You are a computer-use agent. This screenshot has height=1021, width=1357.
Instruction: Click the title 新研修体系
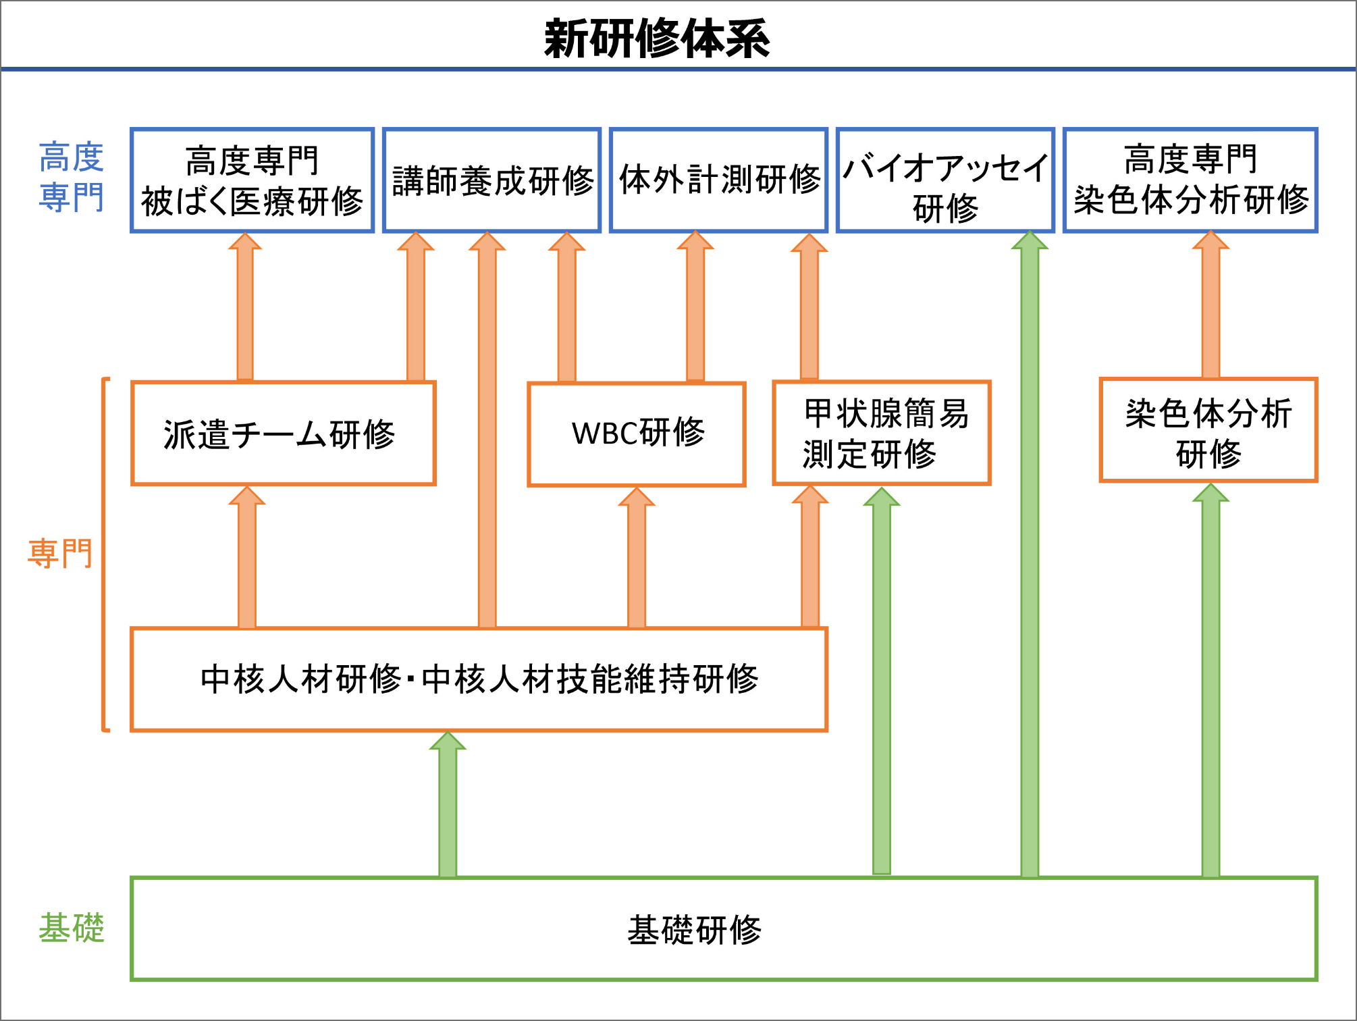click(x=656, y=38)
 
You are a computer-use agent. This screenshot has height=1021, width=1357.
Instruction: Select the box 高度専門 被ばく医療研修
click(x=252, y=180)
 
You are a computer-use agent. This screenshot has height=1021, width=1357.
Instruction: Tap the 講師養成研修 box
click(x=491, y=180)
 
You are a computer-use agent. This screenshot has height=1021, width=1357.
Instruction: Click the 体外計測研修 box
click(x=718, y=180)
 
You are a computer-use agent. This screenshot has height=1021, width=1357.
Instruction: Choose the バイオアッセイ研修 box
click(x=945, y=180)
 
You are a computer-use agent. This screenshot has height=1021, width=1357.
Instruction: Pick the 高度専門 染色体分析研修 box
click(x=1190, y=180)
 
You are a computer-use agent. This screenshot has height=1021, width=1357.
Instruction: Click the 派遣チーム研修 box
click(x=283, y=434)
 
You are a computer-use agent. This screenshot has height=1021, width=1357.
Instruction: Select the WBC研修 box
click(x=637, y=434)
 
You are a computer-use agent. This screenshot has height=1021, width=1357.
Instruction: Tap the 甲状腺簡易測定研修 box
click(x=882, y=433)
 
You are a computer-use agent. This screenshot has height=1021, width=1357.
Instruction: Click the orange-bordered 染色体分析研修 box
click(x=1208, y=430)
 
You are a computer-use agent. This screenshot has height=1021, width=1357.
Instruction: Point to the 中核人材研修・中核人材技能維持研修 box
click(x=479, y=679)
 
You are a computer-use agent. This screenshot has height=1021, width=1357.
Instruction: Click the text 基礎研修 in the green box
click(x=694, y=930)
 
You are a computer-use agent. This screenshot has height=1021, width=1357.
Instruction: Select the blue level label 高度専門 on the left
click(x=71, y=177)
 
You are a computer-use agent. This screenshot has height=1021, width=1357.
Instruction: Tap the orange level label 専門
click(x=59, y=554)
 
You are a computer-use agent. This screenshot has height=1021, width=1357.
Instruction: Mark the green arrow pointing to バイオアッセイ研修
click(x=1030, y=554)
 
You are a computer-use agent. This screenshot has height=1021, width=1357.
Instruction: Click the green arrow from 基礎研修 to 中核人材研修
click(x=448, y=807)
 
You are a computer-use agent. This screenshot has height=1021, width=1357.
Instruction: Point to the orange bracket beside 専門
click(x=104, y=554)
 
